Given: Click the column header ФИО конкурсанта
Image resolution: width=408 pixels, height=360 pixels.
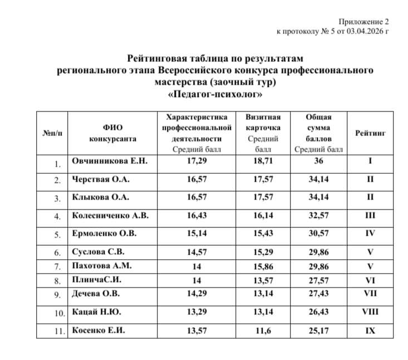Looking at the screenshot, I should pyautogui.click(x=112, y=133).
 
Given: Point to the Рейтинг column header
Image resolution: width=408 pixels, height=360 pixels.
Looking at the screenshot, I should pyautogui.click(x=370, y=133).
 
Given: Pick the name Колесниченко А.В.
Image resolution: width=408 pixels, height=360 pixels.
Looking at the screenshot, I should pyautogui.click(x=110, y=215).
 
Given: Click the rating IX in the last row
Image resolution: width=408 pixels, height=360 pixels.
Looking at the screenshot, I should pyautogui.click(x=370, y=330).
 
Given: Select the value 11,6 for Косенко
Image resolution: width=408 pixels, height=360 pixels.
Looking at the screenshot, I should pyautogui.click(x=263, y=330).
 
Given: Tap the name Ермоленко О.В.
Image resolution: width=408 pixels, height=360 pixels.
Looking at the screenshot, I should pyautogui.click(x=104, y=233).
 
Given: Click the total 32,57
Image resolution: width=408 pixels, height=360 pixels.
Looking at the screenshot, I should pyautogui.click(x=318, y=215).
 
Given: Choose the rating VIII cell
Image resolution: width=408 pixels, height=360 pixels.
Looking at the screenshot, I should pyautogui.click(x=370, y=312).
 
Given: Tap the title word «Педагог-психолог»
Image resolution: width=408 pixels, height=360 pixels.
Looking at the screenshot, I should pyautogui.click(x=215, y=94).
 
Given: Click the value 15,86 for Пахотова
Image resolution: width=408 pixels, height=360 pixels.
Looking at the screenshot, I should pyautogui.click(x=263, y=266).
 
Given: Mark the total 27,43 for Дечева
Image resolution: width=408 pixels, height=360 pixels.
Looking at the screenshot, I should pyautogui.click(x=318, y=294).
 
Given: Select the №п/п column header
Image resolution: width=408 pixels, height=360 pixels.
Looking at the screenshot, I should pyautogui.click(x=52, y=133).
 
